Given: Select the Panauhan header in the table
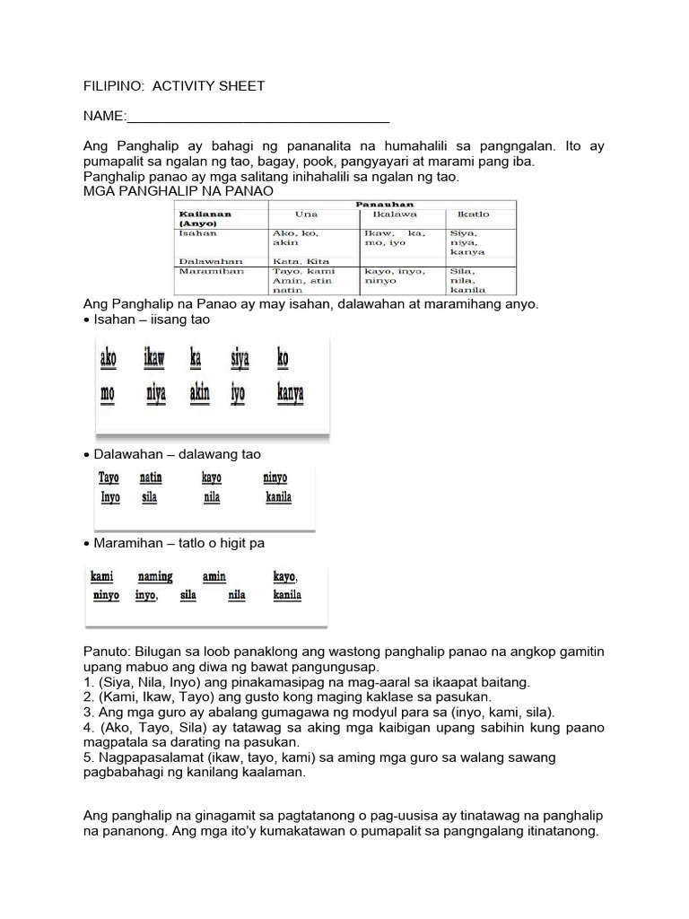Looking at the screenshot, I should [x=390, y=205].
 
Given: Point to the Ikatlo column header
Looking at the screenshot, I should [x=473, y=214].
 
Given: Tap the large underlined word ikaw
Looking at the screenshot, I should [x=154, y=360].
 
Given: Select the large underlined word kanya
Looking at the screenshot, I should [x=290, y=393].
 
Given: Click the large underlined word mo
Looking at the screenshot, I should [x=107, y=393].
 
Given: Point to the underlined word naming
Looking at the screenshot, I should [x=155, y=576].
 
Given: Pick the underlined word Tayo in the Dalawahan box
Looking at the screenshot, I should [x=109, y=478].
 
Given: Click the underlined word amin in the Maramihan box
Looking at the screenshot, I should [x=214, y=576].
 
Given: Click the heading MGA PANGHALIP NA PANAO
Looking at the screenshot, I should [x=178, y=191].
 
